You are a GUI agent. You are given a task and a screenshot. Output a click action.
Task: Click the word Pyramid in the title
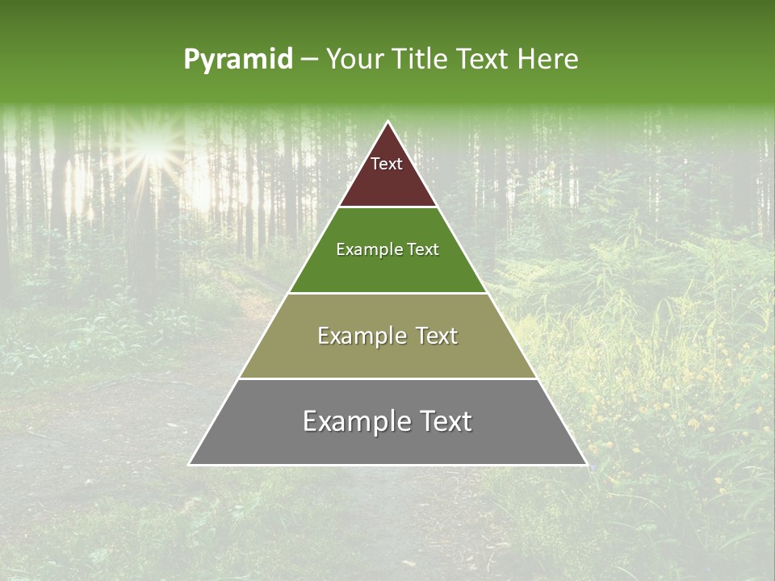[238, 60]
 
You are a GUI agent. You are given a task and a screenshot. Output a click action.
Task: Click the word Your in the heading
[352, 60]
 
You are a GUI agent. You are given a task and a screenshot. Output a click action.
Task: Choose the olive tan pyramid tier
[387, 355]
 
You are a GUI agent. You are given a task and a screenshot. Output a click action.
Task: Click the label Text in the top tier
[387, 164]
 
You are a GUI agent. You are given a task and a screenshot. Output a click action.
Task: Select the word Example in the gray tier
[355, 421]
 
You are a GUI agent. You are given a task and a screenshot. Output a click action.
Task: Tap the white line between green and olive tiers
[387, 293]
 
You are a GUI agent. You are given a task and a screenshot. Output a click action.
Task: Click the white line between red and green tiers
[387, 207]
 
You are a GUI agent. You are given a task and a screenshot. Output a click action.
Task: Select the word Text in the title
[484, 60]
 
